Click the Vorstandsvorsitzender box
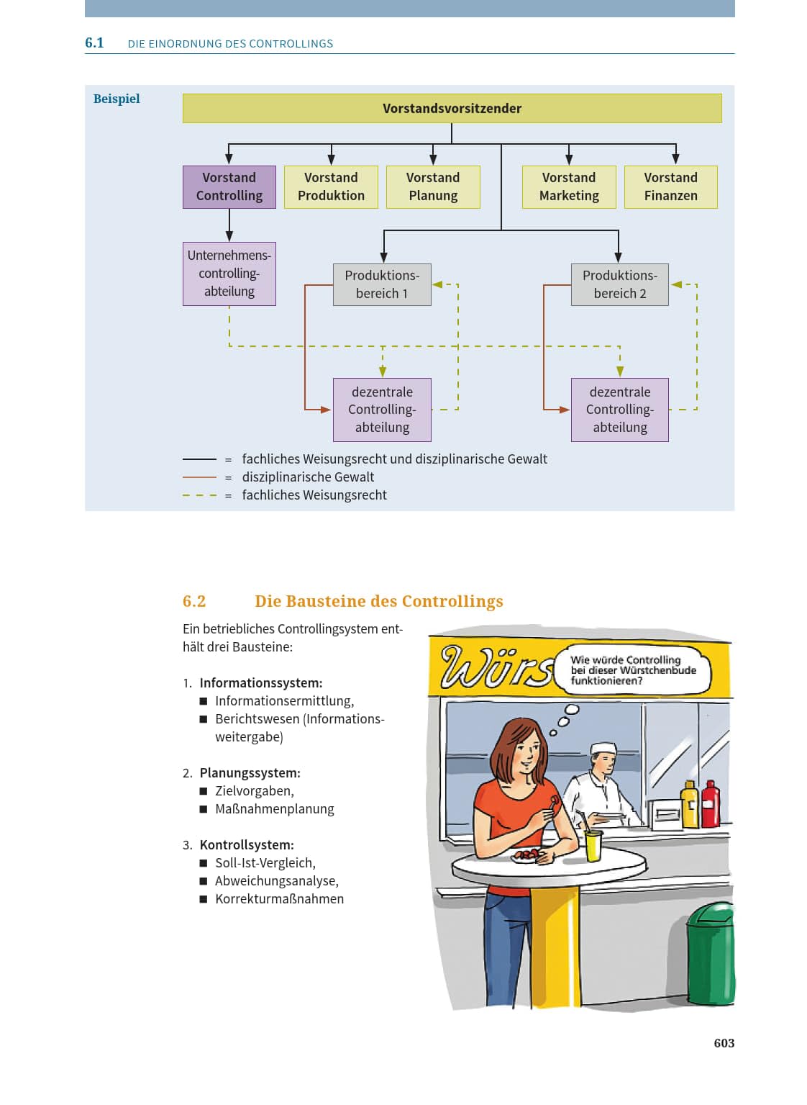[452, 108]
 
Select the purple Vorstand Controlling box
[229, 187]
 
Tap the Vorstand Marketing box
[569, 187]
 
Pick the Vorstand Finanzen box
[670, 187]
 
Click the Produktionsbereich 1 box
[382, 284]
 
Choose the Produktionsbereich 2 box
[620, 284]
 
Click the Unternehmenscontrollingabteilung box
[229, 274]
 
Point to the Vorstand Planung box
[433, 187]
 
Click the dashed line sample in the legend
[199, 495]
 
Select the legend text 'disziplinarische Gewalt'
[308, 477]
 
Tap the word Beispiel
[117, 99]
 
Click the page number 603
[724, 1043]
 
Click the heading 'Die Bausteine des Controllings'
[378, 601]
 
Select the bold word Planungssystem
[250, 773]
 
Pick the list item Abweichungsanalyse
[277, 880]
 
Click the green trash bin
[711, 955]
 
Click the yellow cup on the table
[593, 846]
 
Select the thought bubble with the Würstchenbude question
[632, 670]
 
